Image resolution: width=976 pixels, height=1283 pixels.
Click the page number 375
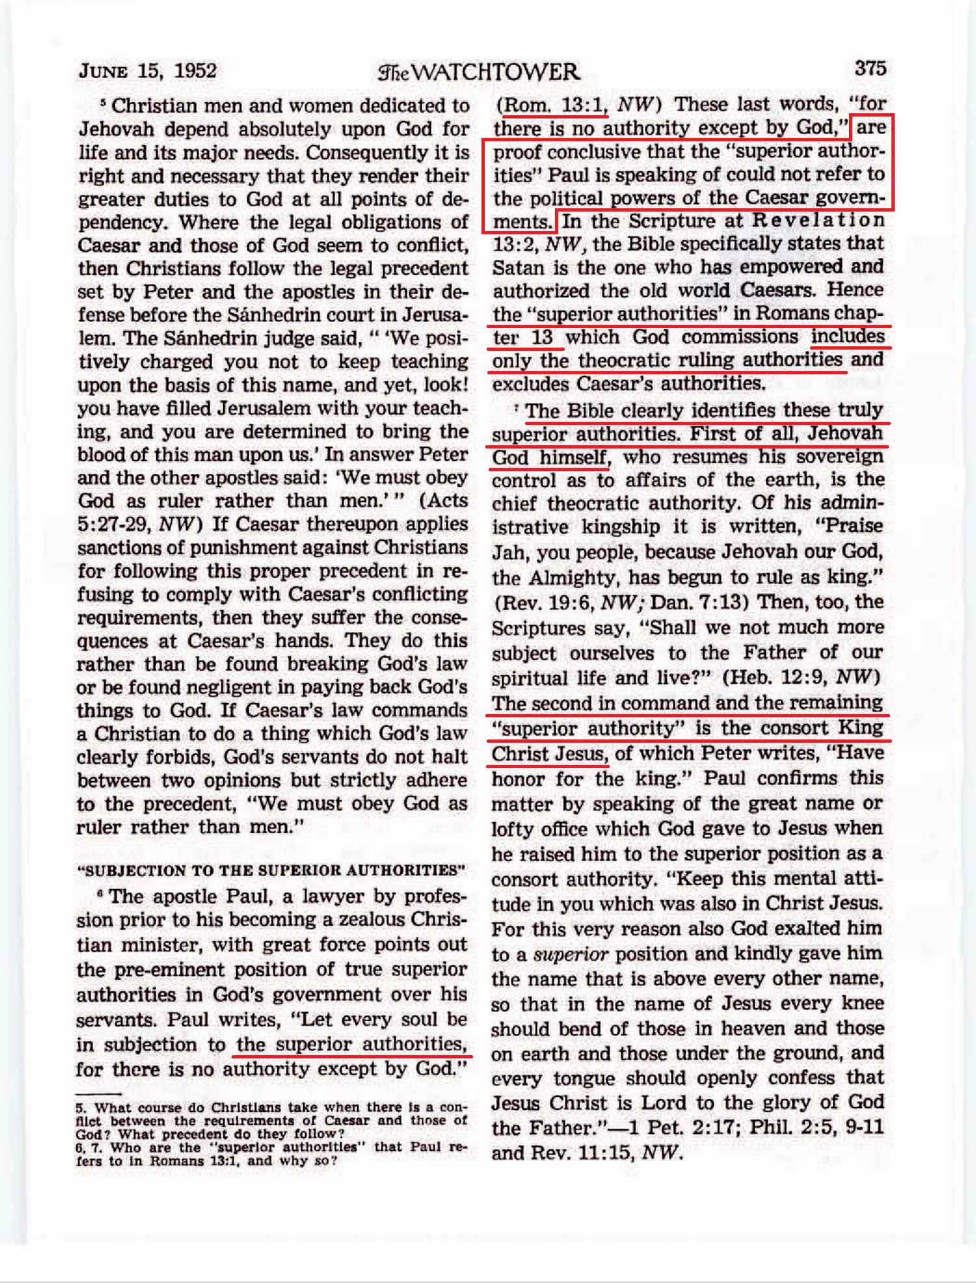point(870,68)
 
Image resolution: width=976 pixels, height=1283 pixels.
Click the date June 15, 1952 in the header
point(148,70)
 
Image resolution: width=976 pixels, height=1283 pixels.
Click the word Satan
point(518,267)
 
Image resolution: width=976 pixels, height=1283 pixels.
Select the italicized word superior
point(571,954)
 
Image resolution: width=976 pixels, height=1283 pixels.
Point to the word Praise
point(853,526)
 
